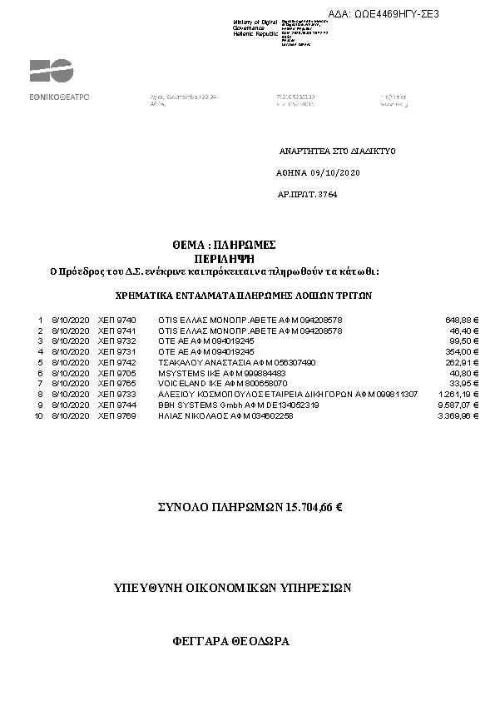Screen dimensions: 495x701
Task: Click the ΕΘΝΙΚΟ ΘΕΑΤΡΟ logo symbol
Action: point(51,71)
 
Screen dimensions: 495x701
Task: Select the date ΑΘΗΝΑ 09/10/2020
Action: point(318,172)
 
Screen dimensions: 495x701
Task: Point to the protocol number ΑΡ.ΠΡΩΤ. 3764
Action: point(307,194)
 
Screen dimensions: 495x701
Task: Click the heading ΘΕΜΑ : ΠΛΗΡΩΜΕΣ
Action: point(224,245)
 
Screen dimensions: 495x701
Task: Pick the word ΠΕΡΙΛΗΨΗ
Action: point(223,258)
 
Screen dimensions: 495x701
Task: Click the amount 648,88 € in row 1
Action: point(462,320)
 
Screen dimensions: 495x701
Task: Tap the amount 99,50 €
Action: point(466,341)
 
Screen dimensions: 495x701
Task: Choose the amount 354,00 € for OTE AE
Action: point(464,352)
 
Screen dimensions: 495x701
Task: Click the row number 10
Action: point(38,415)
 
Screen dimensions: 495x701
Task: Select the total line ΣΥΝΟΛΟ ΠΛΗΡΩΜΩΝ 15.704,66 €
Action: point(250,506)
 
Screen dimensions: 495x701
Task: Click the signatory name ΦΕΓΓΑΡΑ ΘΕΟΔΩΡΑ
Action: point(230,642)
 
